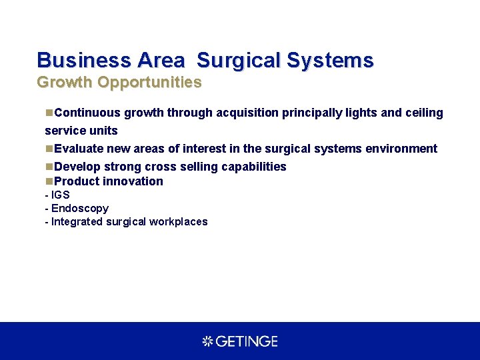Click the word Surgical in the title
(239, 61)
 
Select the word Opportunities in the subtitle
(149, 83)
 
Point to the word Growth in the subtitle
(65, 83)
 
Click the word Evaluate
(79, 149)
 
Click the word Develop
(77, 167)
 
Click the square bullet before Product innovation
(49, 181)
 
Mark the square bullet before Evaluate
(49, 149)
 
